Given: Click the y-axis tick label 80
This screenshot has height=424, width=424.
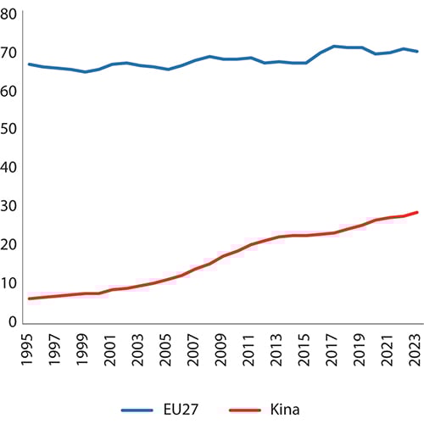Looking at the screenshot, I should point(10,14).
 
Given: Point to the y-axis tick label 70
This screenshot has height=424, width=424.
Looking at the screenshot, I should point(10,53).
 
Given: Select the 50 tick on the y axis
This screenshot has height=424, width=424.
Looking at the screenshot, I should point(10,130).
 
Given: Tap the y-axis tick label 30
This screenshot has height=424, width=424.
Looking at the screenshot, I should point(10,207).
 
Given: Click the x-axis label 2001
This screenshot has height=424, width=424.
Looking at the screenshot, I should point(111,347).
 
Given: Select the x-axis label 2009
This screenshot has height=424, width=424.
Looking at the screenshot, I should point(219,347).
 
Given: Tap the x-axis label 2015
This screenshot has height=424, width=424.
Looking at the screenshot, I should point(299,347).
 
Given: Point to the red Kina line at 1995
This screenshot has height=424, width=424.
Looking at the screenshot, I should point(31,298).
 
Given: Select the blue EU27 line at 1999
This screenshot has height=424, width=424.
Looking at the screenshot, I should point(84,72).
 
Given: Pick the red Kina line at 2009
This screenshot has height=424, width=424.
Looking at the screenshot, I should point(219,257).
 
